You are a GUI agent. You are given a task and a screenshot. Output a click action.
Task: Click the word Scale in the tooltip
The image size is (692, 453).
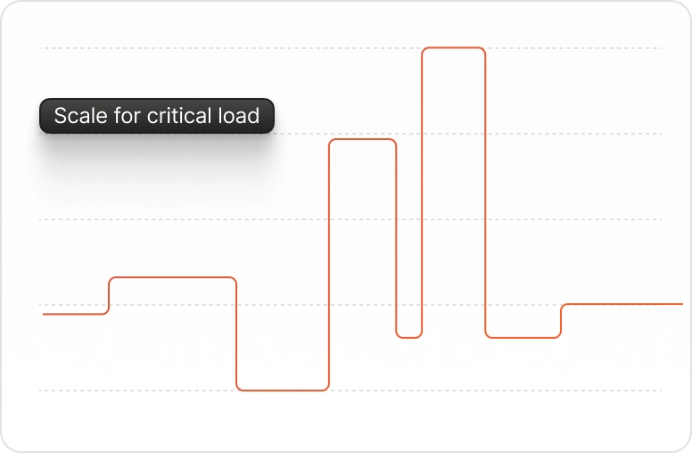[x=81, y=116]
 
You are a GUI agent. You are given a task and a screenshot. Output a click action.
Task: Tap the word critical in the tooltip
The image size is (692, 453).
[x=173, y=116]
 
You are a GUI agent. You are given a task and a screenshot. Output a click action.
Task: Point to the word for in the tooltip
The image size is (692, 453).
[x=128, y=116]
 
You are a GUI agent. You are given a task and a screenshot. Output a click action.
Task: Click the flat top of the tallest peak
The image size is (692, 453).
[x=454, y=47]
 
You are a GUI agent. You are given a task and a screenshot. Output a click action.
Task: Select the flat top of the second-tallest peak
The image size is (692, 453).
[x=363, y=139]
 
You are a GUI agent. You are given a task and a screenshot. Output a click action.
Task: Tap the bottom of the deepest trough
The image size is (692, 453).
[x=283, y=391]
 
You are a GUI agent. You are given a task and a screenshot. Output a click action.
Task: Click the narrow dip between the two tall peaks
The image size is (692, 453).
[x=409, y=337]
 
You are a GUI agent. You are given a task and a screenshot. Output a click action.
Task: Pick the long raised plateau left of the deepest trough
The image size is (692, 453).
[x=173, y=277]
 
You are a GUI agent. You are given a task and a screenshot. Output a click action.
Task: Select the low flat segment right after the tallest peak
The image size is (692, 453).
[x=523, y=338]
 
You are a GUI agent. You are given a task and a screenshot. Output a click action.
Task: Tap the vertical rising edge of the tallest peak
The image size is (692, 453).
[x=422, y=192]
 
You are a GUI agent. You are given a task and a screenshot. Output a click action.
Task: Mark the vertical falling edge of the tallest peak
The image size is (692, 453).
[x=485, y=192]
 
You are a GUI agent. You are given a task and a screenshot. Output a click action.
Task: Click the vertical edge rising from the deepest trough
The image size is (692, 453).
[x=329, y=265]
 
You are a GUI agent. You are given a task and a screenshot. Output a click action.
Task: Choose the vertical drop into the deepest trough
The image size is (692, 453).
[x=236, y=334]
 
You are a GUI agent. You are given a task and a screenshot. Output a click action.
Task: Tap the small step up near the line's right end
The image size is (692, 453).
[x=561, y=321]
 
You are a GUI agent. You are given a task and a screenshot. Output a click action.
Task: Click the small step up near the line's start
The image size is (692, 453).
[x=109, y=296]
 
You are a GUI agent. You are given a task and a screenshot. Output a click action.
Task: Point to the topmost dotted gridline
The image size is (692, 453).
[x=350, y=47]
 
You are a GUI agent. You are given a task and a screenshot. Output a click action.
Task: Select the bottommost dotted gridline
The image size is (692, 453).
[x=350, y=391]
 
